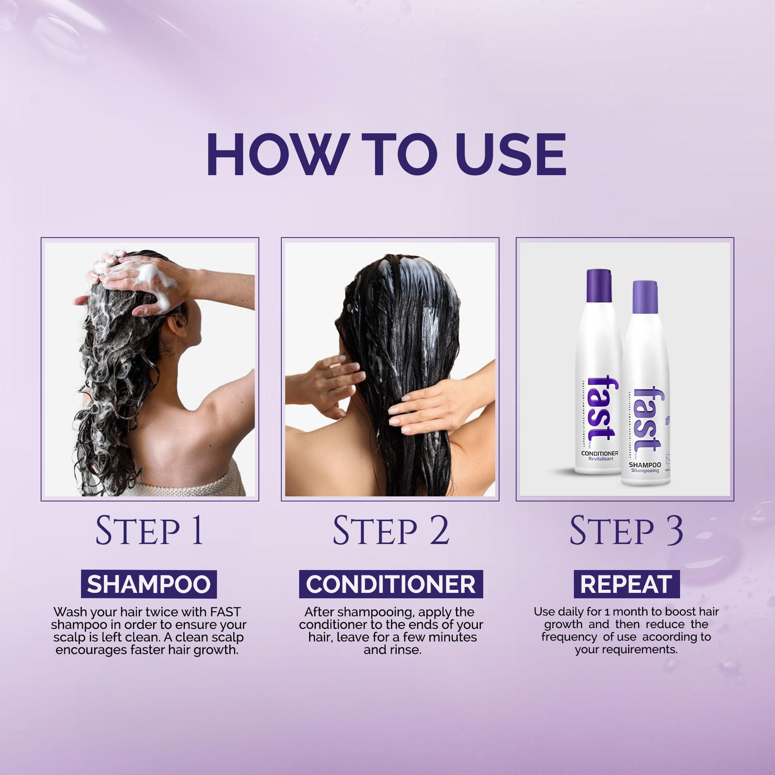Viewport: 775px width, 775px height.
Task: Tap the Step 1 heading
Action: coord(150,531)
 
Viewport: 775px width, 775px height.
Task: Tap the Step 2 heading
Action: coord(390,531)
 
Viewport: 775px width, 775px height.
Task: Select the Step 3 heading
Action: coord(626,531)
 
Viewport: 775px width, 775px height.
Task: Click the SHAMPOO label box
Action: coord(149,584)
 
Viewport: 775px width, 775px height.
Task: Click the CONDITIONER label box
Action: coord(391,584)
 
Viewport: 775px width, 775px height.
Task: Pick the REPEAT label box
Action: coord(626,584)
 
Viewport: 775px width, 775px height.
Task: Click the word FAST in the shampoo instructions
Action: coord(225,612)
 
